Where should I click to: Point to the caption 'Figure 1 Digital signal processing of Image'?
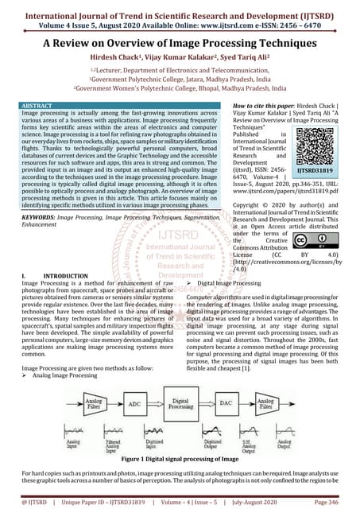[179, 460]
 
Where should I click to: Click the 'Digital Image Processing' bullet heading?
[230, 282]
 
